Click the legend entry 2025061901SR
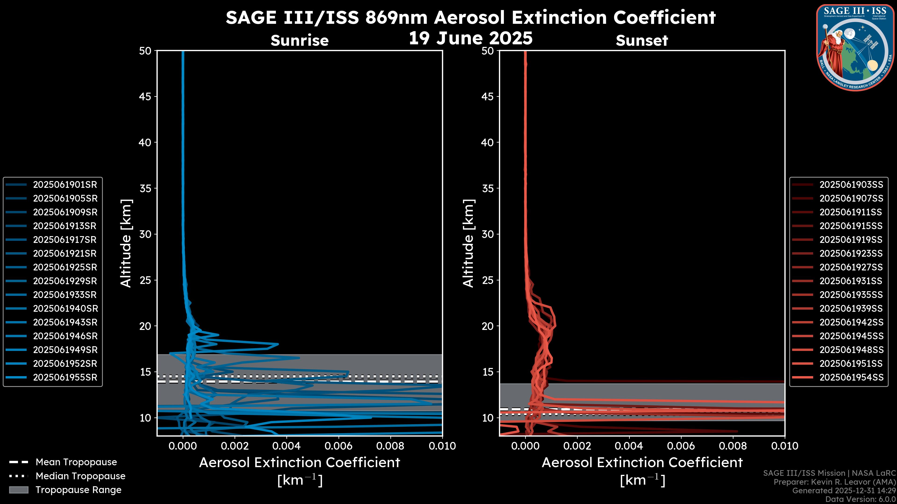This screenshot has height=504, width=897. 65,185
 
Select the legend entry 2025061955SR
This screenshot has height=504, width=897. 65,377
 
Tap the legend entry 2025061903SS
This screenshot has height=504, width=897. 851,185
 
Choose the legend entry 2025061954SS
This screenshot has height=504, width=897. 851,377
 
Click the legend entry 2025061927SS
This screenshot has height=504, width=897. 851,267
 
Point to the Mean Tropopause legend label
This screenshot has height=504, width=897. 76,462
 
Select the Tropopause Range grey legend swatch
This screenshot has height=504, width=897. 18,490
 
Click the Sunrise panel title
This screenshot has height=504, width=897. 299,40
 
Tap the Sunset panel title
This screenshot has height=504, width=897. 642,40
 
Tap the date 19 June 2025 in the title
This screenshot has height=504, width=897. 470,38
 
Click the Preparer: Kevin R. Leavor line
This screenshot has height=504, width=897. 834,482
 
